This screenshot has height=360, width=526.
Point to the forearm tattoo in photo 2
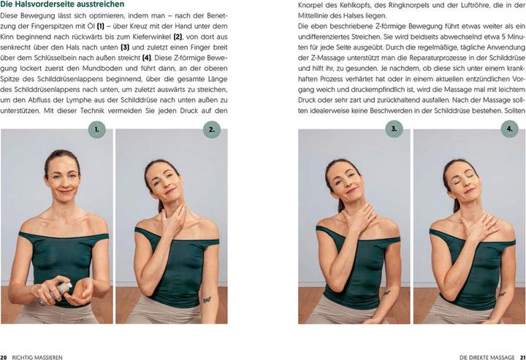point(207,299)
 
